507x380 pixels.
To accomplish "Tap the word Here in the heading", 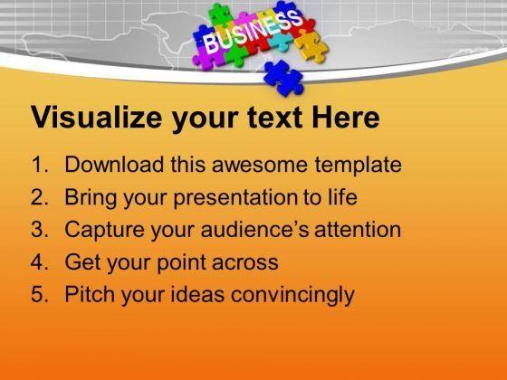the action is click(346, 117).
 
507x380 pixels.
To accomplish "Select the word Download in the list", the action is click(114, 164).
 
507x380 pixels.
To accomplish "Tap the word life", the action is click(343, 196).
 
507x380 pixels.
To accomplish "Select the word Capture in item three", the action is click(105, 231).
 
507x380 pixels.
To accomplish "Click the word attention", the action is click(358, 230).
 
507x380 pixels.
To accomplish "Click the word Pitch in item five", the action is click(90, 294).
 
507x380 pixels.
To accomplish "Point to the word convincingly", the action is click(293, 295).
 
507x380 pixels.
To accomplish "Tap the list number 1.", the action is click(40, 165).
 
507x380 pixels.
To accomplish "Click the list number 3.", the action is click(40, 230).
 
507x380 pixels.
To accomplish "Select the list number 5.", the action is click(40, 294).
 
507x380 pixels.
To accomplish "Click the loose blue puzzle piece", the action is click(284, 78).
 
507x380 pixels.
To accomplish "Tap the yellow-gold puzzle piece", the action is click(311, 46).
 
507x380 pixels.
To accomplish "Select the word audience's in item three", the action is click(254, 230).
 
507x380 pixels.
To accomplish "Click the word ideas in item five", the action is click(197, 294).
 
